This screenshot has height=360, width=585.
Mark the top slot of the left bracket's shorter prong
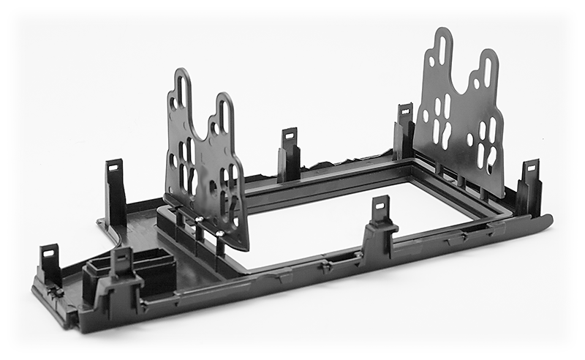pyautogui.click(x=224, y=113)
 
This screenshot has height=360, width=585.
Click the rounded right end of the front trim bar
pyautogui.click(x=545, y=220)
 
